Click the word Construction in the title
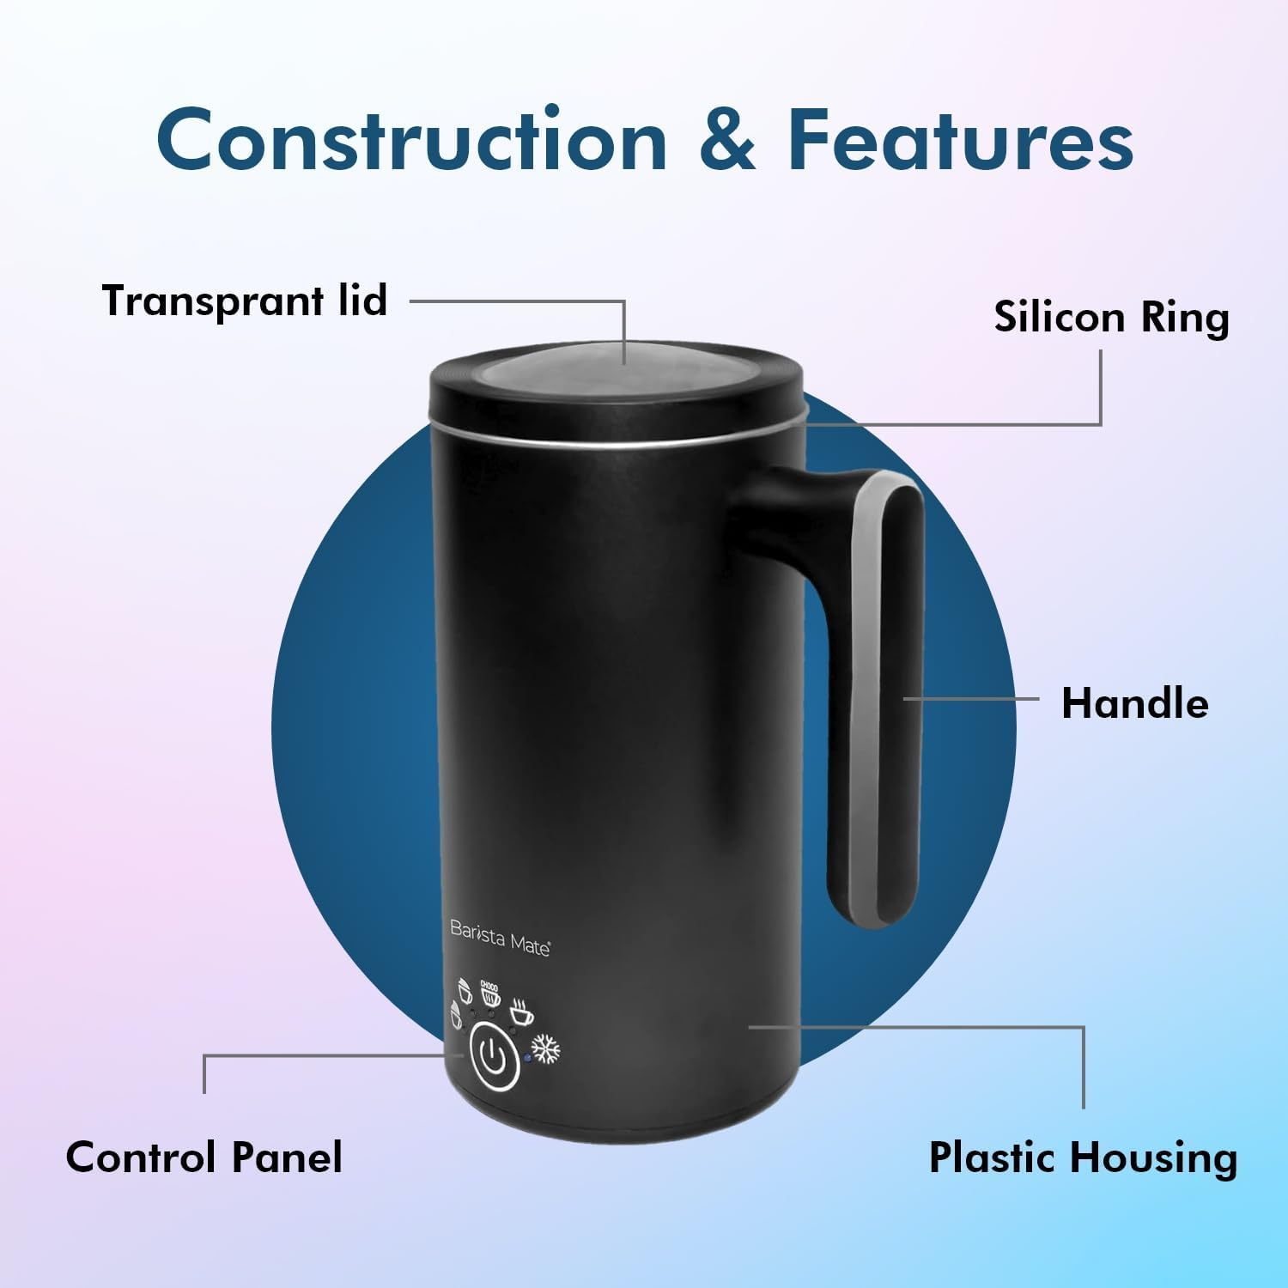click(x=411, y=140)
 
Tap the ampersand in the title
click(x=727, y=140)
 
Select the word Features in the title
click(x=961, y=140)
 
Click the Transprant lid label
click(x=245, y=301)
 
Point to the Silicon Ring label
click(x=1111, y=317)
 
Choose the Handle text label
click(x=1134, y=703)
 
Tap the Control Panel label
click(x=204, y=1157)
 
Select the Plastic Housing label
click(x=1083, y=1157)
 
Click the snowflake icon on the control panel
click(x=547, y=1049)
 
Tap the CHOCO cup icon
click(x=489, y=993)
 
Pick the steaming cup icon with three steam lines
click(x=519, y=1012)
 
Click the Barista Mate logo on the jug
click(x=500, y=937)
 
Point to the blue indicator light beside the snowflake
click(x=527, y=1057)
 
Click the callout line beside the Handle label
click(x=970, y=699)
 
